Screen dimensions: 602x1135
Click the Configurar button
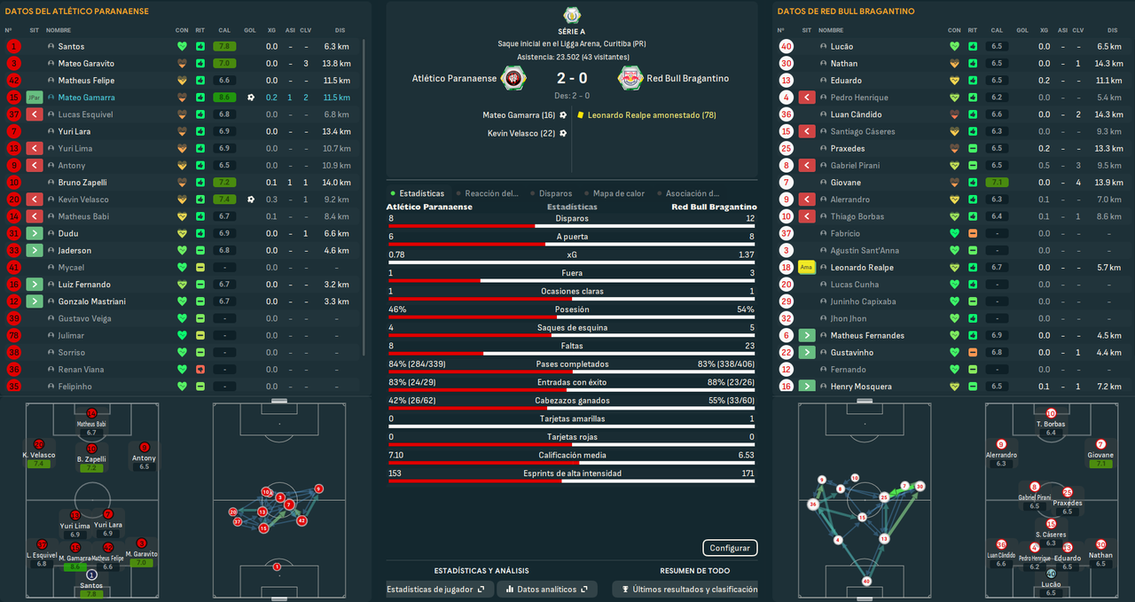coord(730,548)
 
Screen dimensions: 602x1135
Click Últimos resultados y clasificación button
coord(688,589)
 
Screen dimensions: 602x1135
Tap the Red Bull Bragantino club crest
coord(630,78)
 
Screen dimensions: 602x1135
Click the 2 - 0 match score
coord(571,78)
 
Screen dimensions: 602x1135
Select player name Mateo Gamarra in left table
coord(86,98)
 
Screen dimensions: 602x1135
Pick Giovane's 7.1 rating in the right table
coord(997,183)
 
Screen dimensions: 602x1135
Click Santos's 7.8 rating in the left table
coord(223,46)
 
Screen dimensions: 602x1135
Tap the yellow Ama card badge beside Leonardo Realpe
coord(806,268)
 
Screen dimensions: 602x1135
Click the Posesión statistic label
coord(571,309)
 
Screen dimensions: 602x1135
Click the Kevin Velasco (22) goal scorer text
coord(521,133)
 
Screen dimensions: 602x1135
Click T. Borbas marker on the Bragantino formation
coord(1051,418)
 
